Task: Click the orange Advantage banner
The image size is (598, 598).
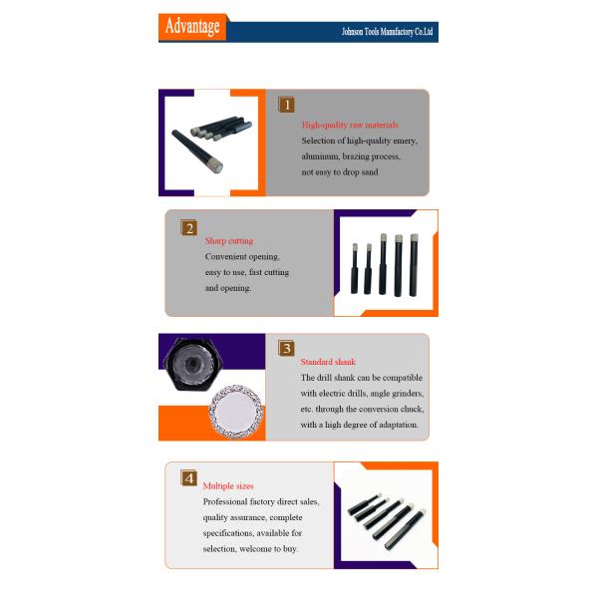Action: [192, 27]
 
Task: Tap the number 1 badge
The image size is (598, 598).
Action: [287, 104]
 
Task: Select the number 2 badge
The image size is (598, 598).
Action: [189, 228]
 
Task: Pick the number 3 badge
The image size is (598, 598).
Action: [286, 348]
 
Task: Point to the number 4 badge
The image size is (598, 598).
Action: [188, 477]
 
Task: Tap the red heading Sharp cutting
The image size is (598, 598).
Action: [229, 241]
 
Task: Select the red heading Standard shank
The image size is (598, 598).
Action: [328, 362]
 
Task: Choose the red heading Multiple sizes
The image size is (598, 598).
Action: [228, 486]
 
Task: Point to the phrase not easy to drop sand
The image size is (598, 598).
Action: [340, 172]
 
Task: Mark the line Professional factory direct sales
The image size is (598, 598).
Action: [261, 501]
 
